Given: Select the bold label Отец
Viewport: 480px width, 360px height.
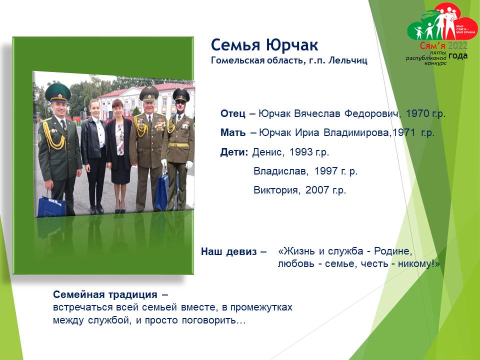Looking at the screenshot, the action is [232, 113].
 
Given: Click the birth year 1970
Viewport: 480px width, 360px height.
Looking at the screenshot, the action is [417, 113].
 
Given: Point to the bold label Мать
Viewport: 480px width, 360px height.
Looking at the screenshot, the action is [233, 132].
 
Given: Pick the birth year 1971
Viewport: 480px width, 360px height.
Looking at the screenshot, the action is [404, 132].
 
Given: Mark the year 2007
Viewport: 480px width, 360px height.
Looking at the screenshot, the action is [317, 190].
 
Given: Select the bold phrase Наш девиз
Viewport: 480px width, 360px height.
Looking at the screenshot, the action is [228, 251].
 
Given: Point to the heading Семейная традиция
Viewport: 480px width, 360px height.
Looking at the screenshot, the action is [105, 294].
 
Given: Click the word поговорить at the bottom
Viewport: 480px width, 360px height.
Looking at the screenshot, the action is [213, 320].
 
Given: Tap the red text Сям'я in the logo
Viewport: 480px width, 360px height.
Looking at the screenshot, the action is [432, 46].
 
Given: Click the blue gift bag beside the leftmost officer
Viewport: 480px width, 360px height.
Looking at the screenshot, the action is [51, 205].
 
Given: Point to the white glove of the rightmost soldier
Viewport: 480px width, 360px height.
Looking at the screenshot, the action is [189, 164].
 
